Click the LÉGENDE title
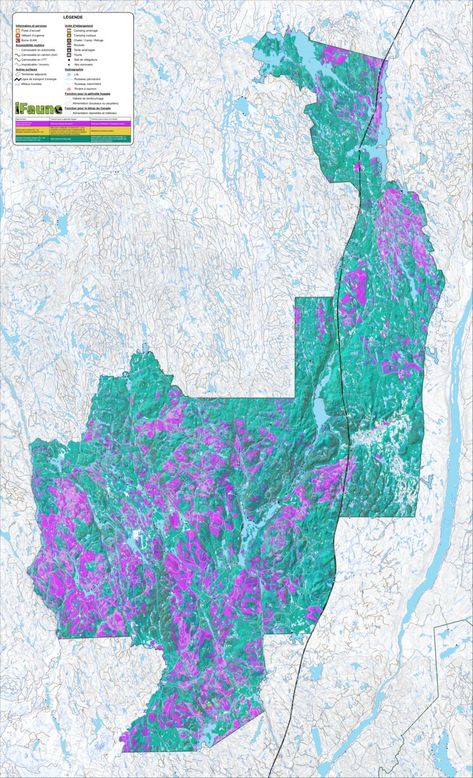click(74, 17)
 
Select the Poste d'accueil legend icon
click(18, 30)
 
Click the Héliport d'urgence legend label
click(32, 36)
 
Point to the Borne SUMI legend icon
click(18, 41)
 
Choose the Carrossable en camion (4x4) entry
click(41, 55)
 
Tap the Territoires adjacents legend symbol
click(18, 74)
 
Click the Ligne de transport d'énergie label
click(39, 79)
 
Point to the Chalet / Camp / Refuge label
click(88, 40)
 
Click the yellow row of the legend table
click(73, 130)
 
